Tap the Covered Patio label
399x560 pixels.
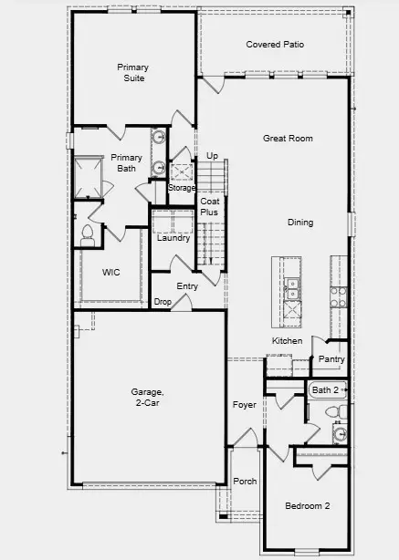[275, 44]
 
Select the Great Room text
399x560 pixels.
[288, 139]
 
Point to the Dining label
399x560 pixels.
[300, 222]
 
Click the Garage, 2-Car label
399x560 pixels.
[146, 399]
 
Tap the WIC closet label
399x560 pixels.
[111, 272]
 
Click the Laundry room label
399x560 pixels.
[173, 238]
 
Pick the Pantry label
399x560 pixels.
[331, 359]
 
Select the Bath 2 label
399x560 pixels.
[325, 390]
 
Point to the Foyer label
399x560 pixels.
[245, 404]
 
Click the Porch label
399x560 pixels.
[245, 482]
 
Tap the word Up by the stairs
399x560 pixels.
[212, 156]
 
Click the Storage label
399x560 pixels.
[182, 188]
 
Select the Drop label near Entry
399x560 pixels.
[163, 301]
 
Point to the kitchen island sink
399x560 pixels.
[293, 290]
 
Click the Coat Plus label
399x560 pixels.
[210, 206]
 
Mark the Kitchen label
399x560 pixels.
[287, 341]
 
